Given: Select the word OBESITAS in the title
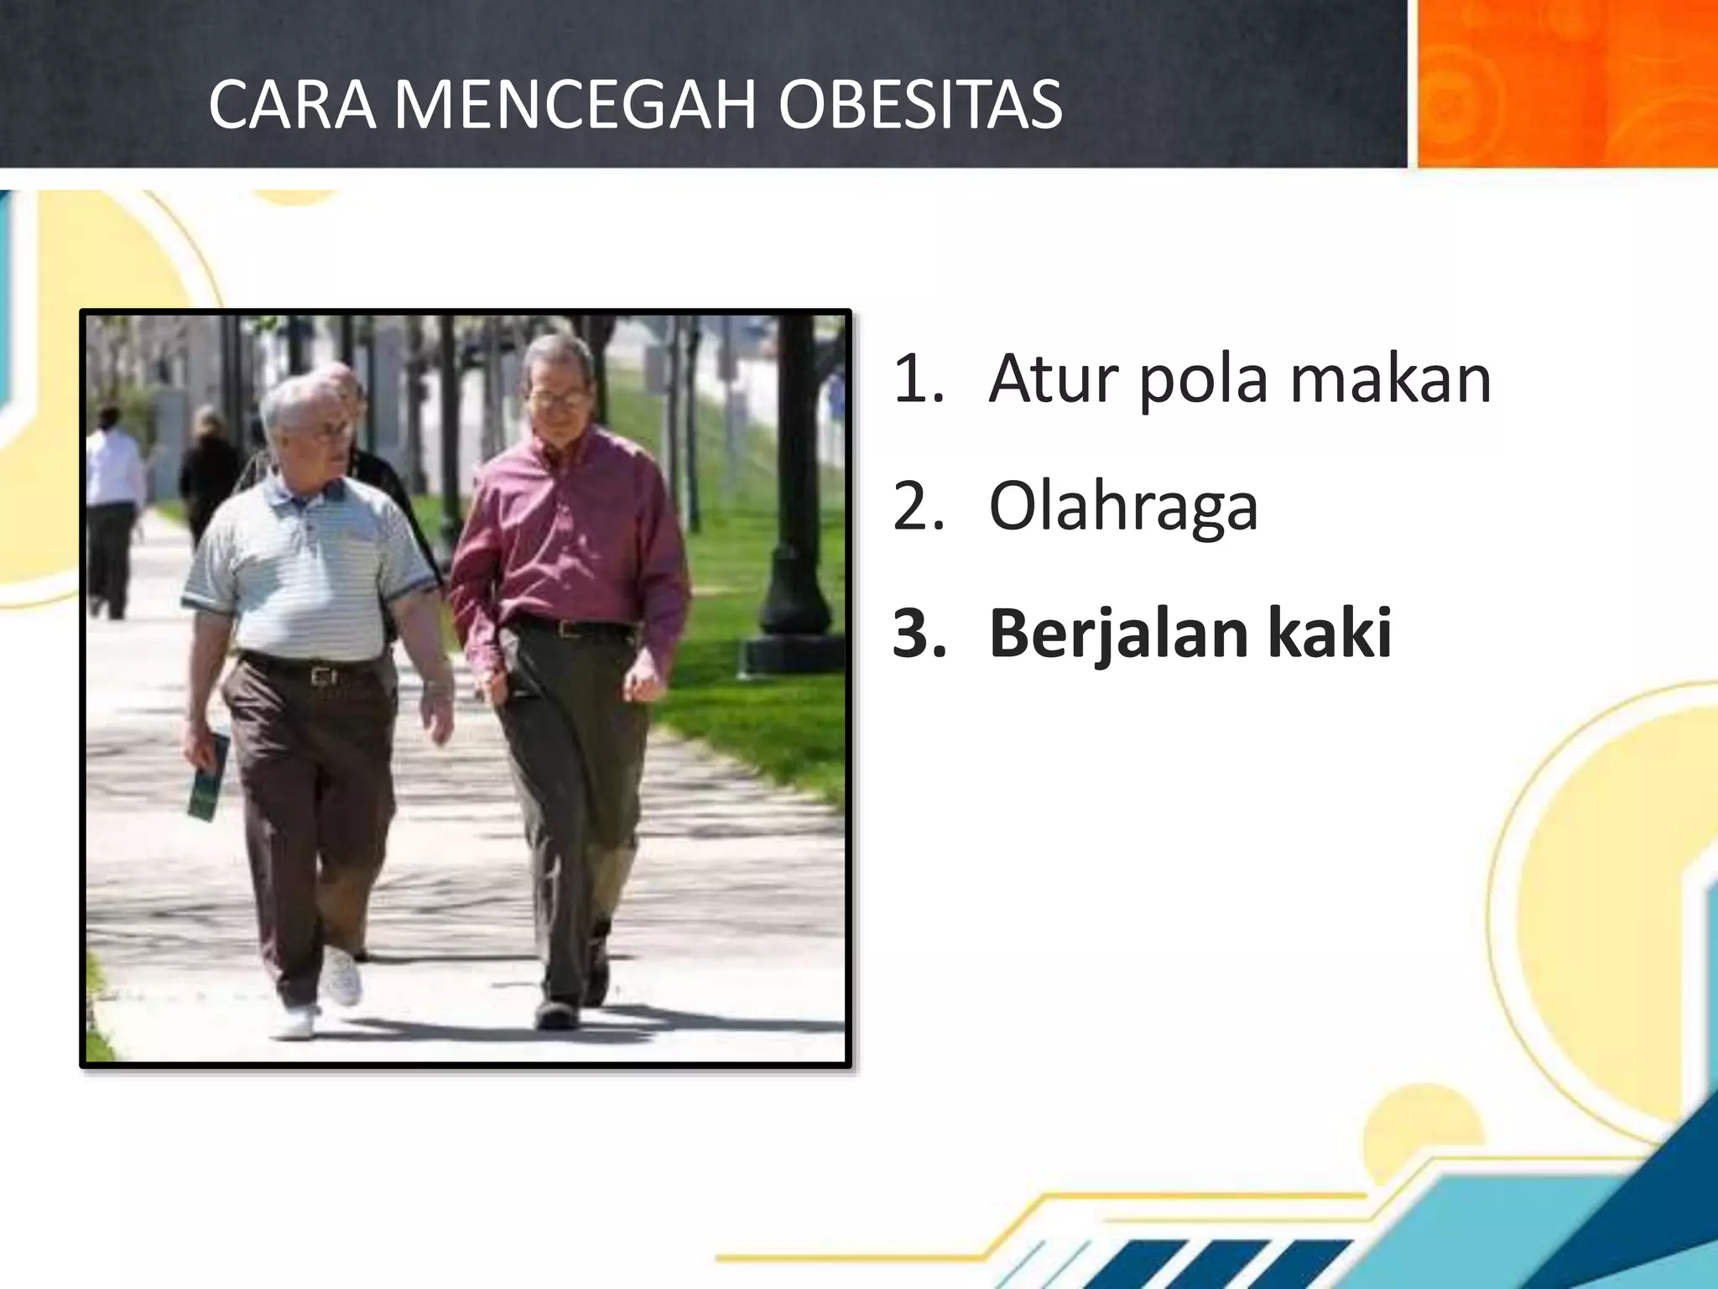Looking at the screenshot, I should [x=919, y=105].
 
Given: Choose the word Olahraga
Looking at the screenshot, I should [x=1123, y=508].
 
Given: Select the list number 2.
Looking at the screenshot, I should [x=918, y=508].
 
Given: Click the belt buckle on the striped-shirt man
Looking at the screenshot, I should [x=321, y=674].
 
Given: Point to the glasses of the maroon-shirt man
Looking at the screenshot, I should [x=558, y=399].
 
